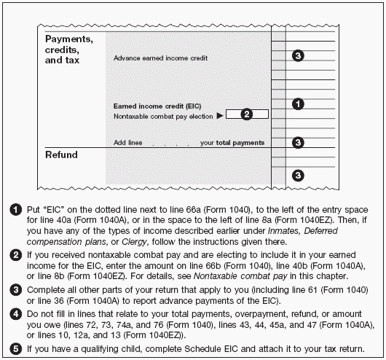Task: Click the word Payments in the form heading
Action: coord(69,39)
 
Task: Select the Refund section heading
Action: coord(61,154)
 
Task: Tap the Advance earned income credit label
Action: coord(160,58)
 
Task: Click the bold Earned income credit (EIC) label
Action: coord(157,106)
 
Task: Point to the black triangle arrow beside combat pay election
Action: coord(220,116)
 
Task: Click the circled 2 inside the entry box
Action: coord(246,114)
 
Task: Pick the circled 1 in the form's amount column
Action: coord(298,104)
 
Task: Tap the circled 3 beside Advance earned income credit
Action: coord(298,55)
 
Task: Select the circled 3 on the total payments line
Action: coord(298,142)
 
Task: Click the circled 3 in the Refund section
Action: coord(298,176)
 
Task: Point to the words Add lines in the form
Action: coord(127,143)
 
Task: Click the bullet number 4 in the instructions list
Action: coord(16,314)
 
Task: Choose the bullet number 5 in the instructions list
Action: coord(16,349)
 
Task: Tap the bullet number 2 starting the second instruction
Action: coord(16,255)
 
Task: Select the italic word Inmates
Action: coord(284,231)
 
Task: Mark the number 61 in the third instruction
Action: coord(312,290)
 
